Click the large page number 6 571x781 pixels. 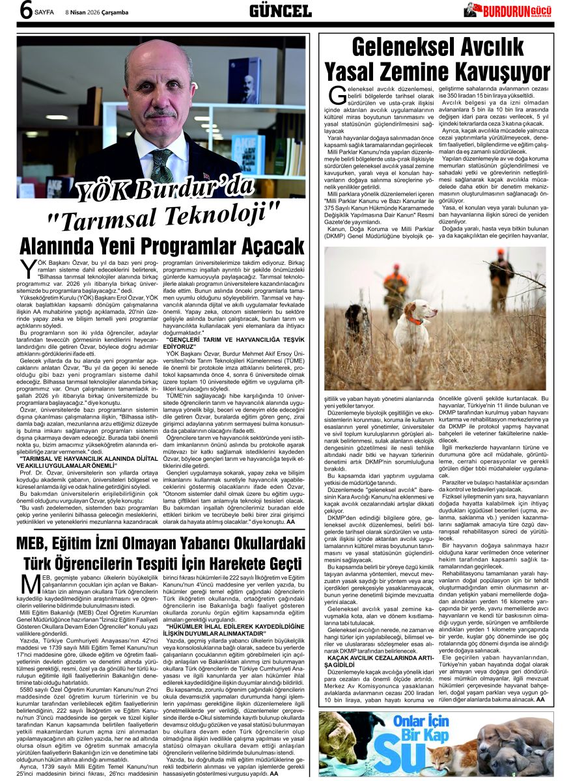click(27, 11)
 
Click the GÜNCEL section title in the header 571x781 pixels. click(280, 10)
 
